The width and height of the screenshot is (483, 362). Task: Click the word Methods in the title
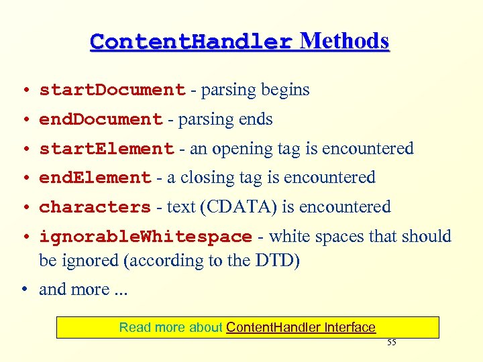(x=344, y=42)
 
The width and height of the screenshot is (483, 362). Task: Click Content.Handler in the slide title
(x=191, y=42)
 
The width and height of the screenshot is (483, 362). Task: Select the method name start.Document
(x=112, y=90)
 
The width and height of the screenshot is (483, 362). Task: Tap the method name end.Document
(x=101, y=120)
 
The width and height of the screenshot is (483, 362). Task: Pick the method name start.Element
(x=107, y=149)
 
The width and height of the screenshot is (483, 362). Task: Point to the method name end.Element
(x=95, y=178)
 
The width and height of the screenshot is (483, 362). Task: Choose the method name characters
(x=95, y=207)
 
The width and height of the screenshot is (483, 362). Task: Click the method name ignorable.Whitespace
(x=146, y=237)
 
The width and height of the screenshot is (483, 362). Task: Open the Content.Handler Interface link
(x=301, y=327)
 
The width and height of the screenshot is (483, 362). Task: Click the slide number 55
(x=392, y=343)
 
